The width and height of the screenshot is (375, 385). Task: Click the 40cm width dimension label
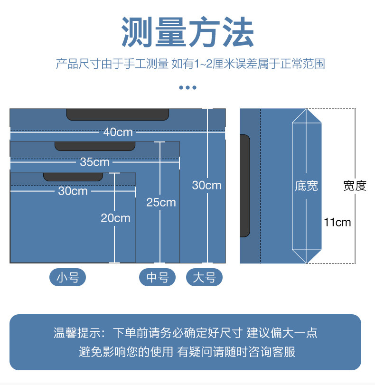tap(118, 132)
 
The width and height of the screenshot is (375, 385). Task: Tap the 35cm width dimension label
tap(94, 162)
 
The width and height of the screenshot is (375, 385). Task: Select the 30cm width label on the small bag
tap(73, 191)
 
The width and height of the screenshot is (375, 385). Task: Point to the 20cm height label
tap(115, 218)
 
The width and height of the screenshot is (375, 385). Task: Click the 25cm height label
tap(161, 202)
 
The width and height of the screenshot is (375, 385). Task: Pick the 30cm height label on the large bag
tap(206, 185)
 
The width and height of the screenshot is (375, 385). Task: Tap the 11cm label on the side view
tap(337, 222)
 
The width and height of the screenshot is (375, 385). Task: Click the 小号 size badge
tap(67, 277)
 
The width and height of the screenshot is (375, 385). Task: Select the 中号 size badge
tap(157, 277)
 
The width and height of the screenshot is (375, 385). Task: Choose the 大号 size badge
tap(204, 277)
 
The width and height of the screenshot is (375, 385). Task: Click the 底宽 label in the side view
tap(306, 186)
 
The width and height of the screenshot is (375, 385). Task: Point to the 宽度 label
tap(355, 186)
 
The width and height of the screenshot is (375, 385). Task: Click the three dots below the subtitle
tap(187, 88)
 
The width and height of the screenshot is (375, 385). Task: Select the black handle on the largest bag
tap(117, 114)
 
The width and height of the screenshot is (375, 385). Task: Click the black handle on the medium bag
tap(94, 146)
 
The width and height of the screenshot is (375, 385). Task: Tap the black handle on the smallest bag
tap(73, 176)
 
